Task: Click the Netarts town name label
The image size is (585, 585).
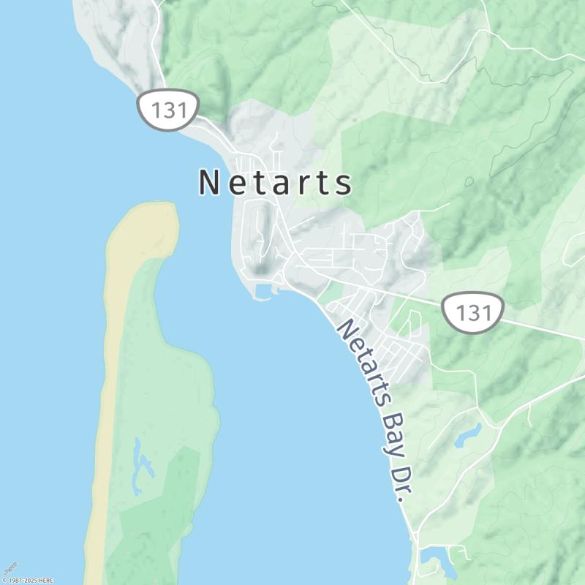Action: pos(275,183)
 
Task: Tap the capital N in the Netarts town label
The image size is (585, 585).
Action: pos(209,183)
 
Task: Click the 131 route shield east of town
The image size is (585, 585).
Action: pos(473,312)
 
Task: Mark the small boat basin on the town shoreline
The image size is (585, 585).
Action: pos(262,294)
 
